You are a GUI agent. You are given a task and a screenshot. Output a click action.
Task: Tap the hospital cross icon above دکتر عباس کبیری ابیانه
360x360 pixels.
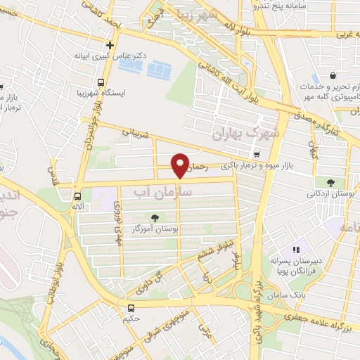pos(110,45)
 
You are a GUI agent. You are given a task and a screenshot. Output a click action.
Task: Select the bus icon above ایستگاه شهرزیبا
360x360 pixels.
pos(103,82)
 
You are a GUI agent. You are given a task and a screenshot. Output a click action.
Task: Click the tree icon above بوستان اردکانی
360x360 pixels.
pos(320,181)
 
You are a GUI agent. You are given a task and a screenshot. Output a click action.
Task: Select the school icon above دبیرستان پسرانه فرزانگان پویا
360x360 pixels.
pos(296,249)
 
